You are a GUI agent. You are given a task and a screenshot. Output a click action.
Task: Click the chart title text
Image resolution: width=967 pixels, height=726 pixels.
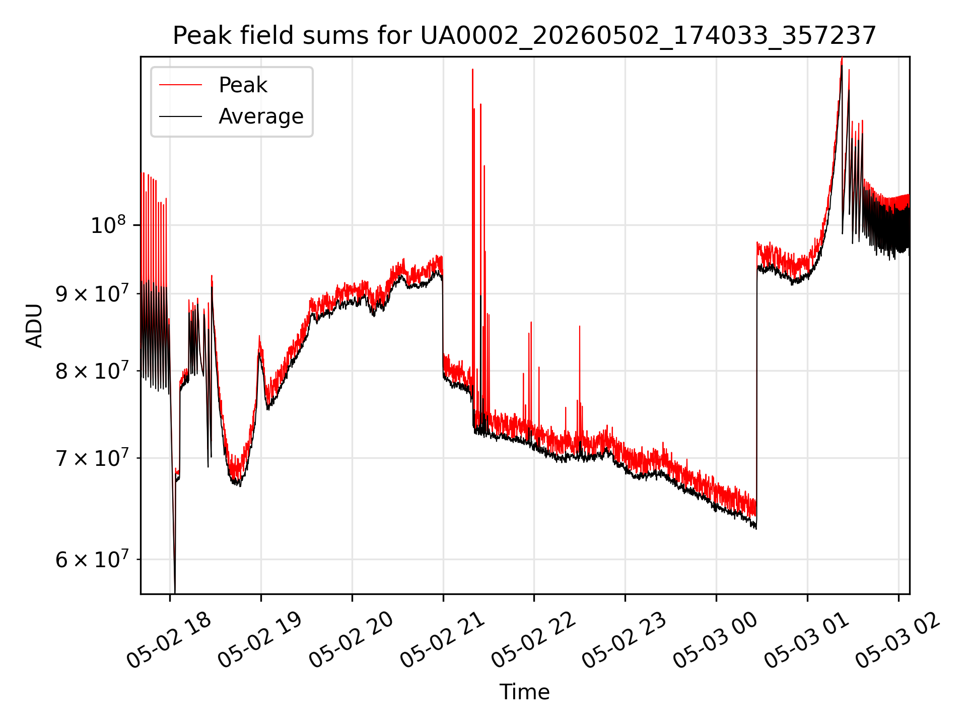tap(524, 36)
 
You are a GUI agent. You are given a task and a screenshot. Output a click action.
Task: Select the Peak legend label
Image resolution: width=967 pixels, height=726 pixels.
tap(243, 85)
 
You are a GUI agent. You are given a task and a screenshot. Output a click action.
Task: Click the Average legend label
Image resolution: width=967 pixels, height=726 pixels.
tap(261, 116)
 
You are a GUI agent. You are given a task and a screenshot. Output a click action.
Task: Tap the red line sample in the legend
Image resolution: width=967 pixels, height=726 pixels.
tap(180, 85)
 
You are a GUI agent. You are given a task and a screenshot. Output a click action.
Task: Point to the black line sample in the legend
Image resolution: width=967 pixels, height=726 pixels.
tap(180, 116)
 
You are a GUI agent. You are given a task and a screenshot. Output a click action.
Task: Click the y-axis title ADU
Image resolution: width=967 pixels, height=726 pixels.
tap(34, 326)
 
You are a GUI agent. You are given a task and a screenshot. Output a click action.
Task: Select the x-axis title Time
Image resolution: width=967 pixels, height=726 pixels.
tap(524, 692)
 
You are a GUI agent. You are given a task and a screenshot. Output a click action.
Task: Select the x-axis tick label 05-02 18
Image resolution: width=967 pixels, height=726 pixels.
tap(169, 639)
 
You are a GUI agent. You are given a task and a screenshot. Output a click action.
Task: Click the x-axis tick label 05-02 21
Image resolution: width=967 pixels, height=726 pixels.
tap(443, 639)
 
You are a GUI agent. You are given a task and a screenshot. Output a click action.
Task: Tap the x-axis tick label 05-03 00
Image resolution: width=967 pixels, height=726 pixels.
tap(716, 639)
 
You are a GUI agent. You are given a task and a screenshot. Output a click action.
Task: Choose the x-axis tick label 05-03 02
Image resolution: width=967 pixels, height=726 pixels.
tap(898, 639)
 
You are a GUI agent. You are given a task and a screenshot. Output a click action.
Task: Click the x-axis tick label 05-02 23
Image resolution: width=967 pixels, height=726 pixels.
tap(625, 639)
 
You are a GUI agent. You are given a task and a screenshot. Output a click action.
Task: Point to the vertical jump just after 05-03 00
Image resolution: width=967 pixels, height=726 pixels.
tap(756, 383)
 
